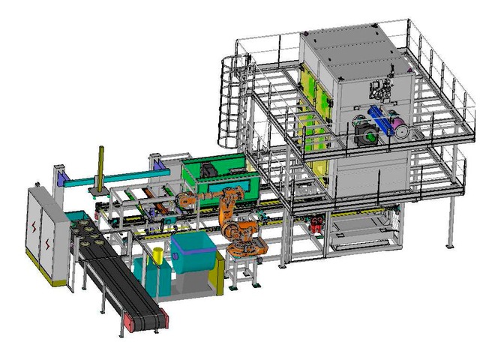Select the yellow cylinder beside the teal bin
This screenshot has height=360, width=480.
click(x=157, y=256)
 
